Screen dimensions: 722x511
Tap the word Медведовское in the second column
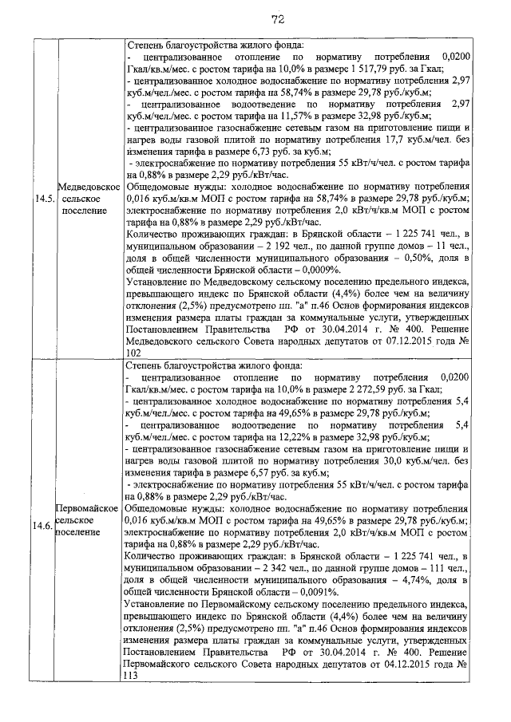(x=88, y=185)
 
